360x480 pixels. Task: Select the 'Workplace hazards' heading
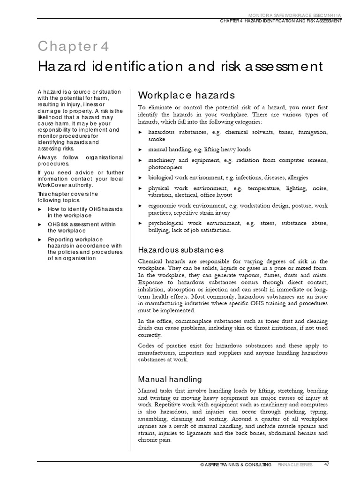(x=186, y=96)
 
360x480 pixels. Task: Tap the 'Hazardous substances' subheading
(x=180, y=250)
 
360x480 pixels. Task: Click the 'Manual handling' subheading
(x=170, y=379)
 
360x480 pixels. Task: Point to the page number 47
(x=327, y=465)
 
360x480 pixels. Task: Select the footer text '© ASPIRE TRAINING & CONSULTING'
(x=235, y=465)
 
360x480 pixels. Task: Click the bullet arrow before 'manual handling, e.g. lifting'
(x=140, y=150)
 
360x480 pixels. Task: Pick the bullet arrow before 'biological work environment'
(x=140, y=178)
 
